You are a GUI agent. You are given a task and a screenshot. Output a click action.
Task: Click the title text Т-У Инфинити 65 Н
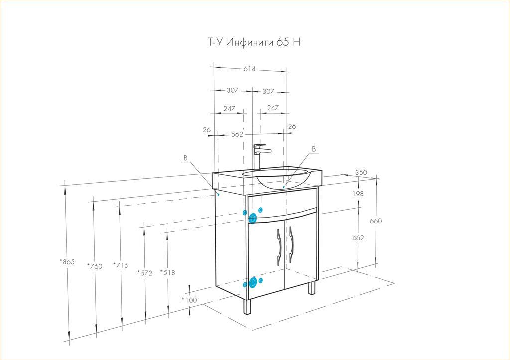tap(254, 42)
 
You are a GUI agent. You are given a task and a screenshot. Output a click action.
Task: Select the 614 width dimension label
tap(250, 69)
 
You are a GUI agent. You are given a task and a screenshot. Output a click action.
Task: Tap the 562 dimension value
tap(237, 134)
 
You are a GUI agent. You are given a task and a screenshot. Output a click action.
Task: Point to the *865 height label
tap(67, 262)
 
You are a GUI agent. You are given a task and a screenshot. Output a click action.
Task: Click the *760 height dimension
tap(95, 266)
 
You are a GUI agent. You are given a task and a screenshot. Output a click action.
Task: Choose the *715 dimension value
tap(121, 265)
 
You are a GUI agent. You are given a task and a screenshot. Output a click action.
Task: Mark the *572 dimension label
tap(145, 273)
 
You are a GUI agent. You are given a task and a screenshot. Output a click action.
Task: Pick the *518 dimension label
tap(167, 272)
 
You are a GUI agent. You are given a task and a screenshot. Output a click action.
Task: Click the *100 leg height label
tap(189, 300)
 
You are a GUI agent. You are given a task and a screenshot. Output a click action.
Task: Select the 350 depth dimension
tap(361, 172)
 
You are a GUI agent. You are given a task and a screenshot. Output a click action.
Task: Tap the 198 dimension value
tap(358, 194)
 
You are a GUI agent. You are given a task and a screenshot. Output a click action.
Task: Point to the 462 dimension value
tap(358, 238)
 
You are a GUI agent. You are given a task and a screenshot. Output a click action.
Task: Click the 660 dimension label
tap(376, 221)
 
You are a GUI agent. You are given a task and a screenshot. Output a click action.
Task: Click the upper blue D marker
tap(253, 218)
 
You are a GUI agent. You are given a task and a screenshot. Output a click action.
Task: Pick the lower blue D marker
tap(253, 283)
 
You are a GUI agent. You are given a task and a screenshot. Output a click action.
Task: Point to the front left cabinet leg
tap(247, 306)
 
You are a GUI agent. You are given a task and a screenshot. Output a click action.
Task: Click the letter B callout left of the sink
tap(185, 158)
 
